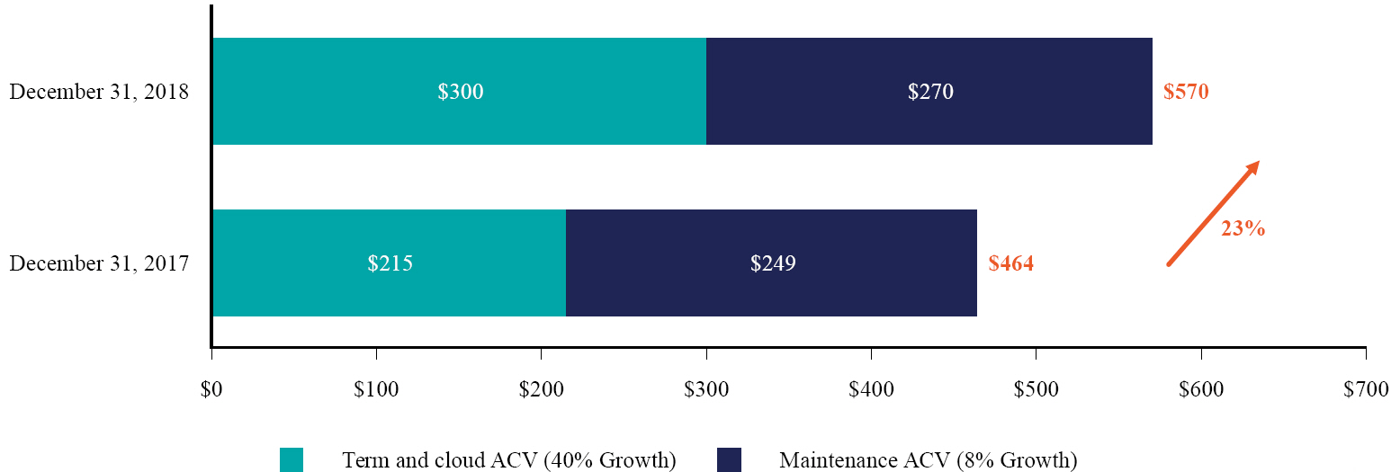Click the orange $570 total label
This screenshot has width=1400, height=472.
(x=1186, y=92)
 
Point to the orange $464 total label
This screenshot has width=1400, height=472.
(x=1010, y=263)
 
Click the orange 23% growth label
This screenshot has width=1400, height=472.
(x=1243, y=228)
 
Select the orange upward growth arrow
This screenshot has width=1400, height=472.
(x=1212, y=213)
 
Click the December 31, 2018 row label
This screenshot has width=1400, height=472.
(x=99, y=92)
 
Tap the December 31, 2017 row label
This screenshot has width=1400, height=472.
(x=99, y=263)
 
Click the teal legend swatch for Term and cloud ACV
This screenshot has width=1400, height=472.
(x=292, y=459)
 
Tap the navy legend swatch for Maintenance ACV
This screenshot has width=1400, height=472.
(x=729, y=459)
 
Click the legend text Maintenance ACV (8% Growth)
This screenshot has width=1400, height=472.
(x=928, y=460)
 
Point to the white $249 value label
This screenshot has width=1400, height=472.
(x=773, y=263)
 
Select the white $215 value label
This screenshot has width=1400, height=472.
(x=390, y=263)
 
